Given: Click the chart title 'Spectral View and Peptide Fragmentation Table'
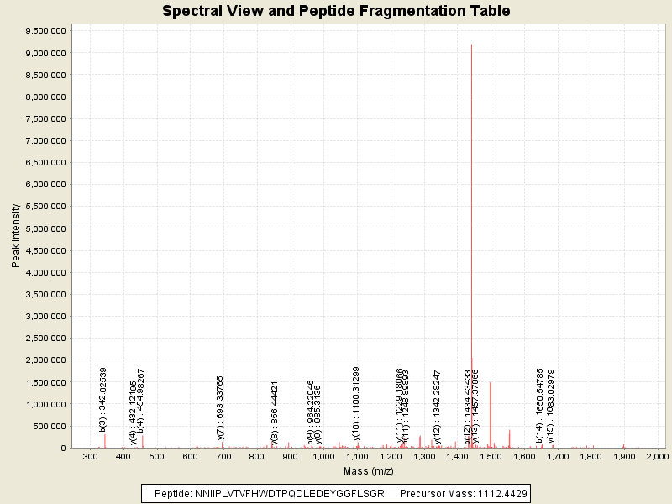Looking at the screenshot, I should point(336,11).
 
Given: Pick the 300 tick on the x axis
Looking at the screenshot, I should point(90,456).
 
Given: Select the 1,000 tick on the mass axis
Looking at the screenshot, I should point(323,456).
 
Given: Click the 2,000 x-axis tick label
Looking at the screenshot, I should point(657,456).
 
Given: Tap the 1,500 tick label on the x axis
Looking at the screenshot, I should point(491,456).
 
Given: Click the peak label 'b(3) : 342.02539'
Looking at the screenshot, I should point(103,401).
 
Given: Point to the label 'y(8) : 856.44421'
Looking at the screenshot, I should point(275,411).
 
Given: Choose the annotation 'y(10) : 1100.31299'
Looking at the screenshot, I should point(356,403).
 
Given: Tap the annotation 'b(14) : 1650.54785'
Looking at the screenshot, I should point(540,405).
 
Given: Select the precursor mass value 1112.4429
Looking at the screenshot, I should point(499,493).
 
